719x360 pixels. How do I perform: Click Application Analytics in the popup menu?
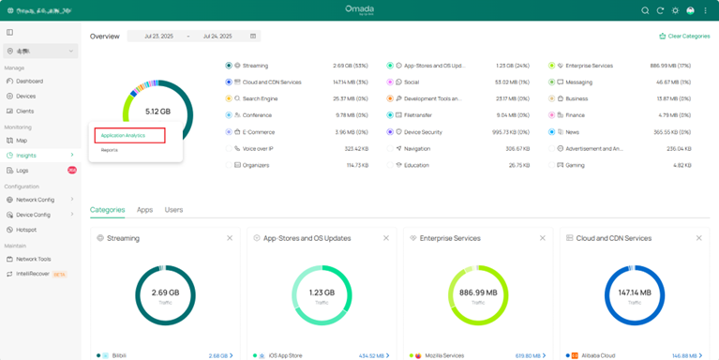(123, 136)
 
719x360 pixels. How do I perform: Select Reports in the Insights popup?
(110, 150)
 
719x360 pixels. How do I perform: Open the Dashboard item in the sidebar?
(29, 82)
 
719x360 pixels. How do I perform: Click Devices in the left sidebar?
(25, 97)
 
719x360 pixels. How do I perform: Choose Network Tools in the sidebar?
(33, 259)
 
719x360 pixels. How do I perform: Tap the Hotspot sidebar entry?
(26, 230)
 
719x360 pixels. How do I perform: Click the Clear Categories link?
(684, 37)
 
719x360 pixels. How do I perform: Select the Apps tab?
(144, 210)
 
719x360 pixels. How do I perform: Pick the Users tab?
(173, 210)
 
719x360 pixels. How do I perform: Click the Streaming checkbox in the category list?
(229, 66)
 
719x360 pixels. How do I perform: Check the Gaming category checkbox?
(552, 165)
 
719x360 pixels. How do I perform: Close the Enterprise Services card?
(543, 238)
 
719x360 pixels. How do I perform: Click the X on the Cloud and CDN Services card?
(699, 238)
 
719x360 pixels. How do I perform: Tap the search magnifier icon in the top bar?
(645, 10)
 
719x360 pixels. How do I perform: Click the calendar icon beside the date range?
(253, 37)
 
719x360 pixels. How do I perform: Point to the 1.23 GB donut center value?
(322, 292)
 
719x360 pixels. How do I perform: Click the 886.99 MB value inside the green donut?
(478, 292)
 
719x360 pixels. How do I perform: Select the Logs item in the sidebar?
(22, 171)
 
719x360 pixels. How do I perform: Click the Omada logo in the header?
(359, 9)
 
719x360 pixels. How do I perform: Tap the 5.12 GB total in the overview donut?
(157, 112)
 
